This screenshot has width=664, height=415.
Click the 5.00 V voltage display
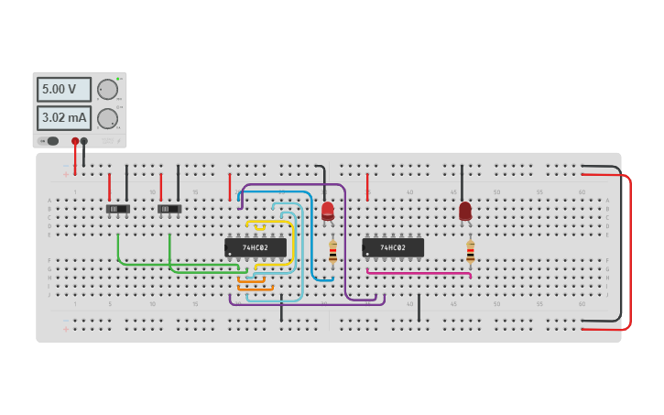[x=63, y=89]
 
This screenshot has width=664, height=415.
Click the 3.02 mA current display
[x=63, y=118]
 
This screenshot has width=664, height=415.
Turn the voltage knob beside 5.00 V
[x=107, y=89]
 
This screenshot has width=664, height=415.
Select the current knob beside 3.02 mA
[x=107, y=118]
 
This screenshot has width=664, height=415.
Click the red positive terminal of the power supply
[x=75, y=141]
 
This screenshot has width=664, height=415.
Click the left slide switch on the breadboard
[x=117, y=209]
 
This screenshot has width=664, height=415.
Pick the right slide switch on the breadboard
[x=169, y=209]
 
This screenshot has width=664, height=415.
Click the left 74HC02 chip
[x=256, y=247]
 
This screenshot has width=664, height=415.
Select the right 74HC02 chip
[x=393, y=247]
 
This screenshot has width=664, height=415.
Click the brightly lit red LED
[x=327, y=211]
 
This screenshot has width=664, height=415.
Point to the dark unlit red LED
[x=465, y=211]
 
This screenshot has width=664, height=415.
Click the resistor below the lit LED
[x=332, y=251]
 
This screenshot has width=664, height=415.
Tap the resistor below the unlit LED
[x=470, y=251]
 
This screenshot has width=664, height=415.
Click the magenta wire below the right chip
[x=419, y=272]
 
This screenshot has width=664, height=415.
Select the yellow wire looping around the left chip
[x=292, y=243]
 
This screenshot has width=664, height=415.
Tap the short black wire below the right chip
[x=419, y=308]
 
